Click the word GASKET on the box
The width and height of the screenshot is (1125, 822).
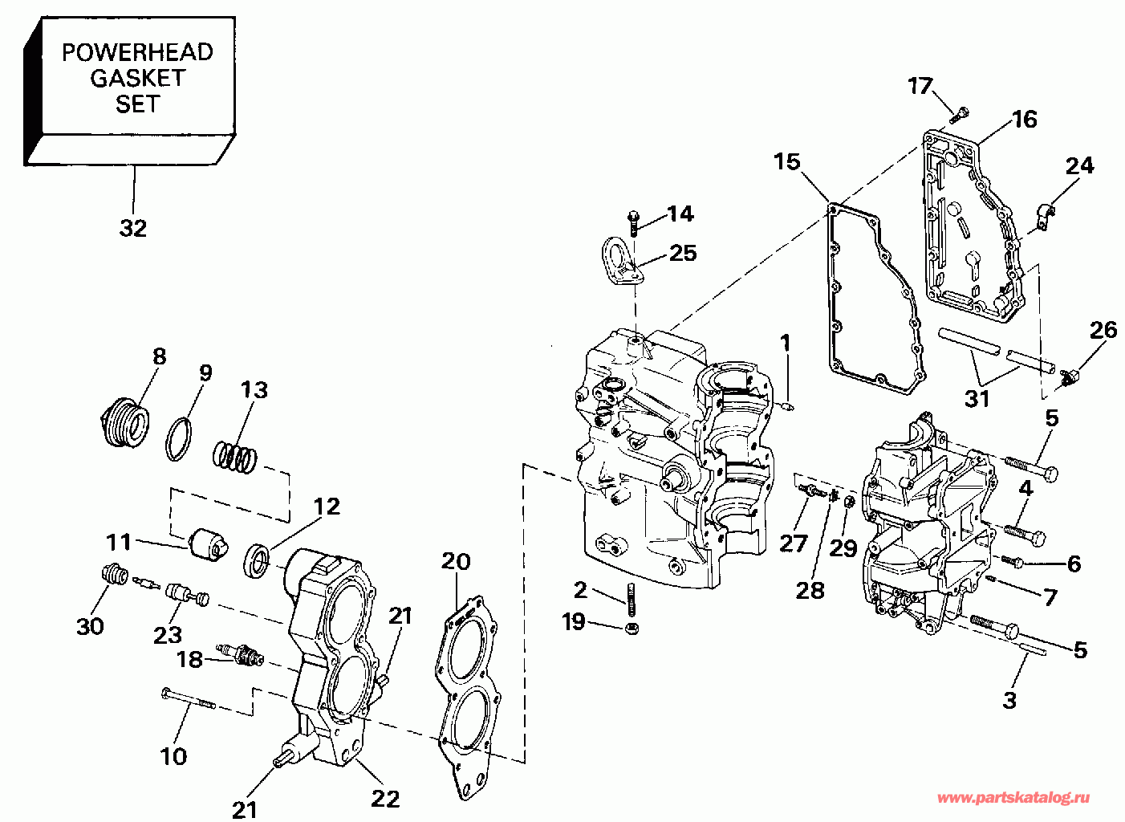click(x=137, y=79)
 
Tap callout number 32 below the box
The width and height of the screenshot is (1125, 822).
click(x=133, y=229)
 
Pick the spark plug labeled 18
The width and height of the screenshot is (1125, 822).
click(x=240, y=654)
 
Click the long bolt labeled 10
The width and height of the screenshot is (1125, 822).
click(x=189, y=699)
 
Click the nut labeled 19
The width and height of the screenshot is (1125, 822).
click(x=633, y=628)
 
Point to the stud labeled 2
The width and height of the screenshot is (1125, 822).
click(x=632, y=600)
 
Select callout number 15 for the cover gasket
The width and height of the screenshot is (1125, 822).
click(x=787, y=162)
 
